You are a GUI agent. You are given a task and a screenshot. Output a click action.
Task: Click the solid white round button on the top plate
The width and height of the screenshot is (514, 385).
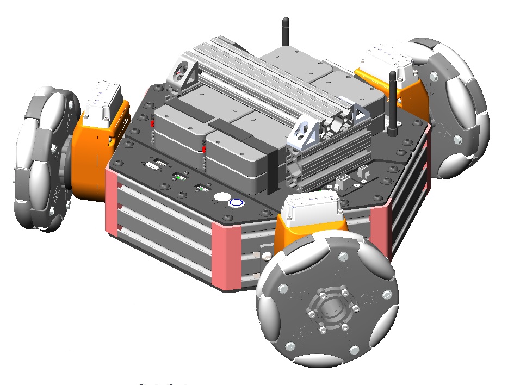[221, 198]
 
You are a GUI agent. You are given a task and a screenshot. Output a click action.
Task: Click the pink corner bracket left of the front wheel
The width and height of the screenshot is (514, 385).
[225, 256]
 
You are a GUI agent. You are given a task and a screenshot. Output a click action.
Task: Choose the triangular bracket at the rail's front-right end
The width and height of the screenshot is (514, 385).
[305, 134]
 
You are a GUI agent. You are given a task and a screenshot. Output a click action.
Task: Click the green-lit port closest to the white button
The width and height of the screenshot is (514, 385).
[202, 189]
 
